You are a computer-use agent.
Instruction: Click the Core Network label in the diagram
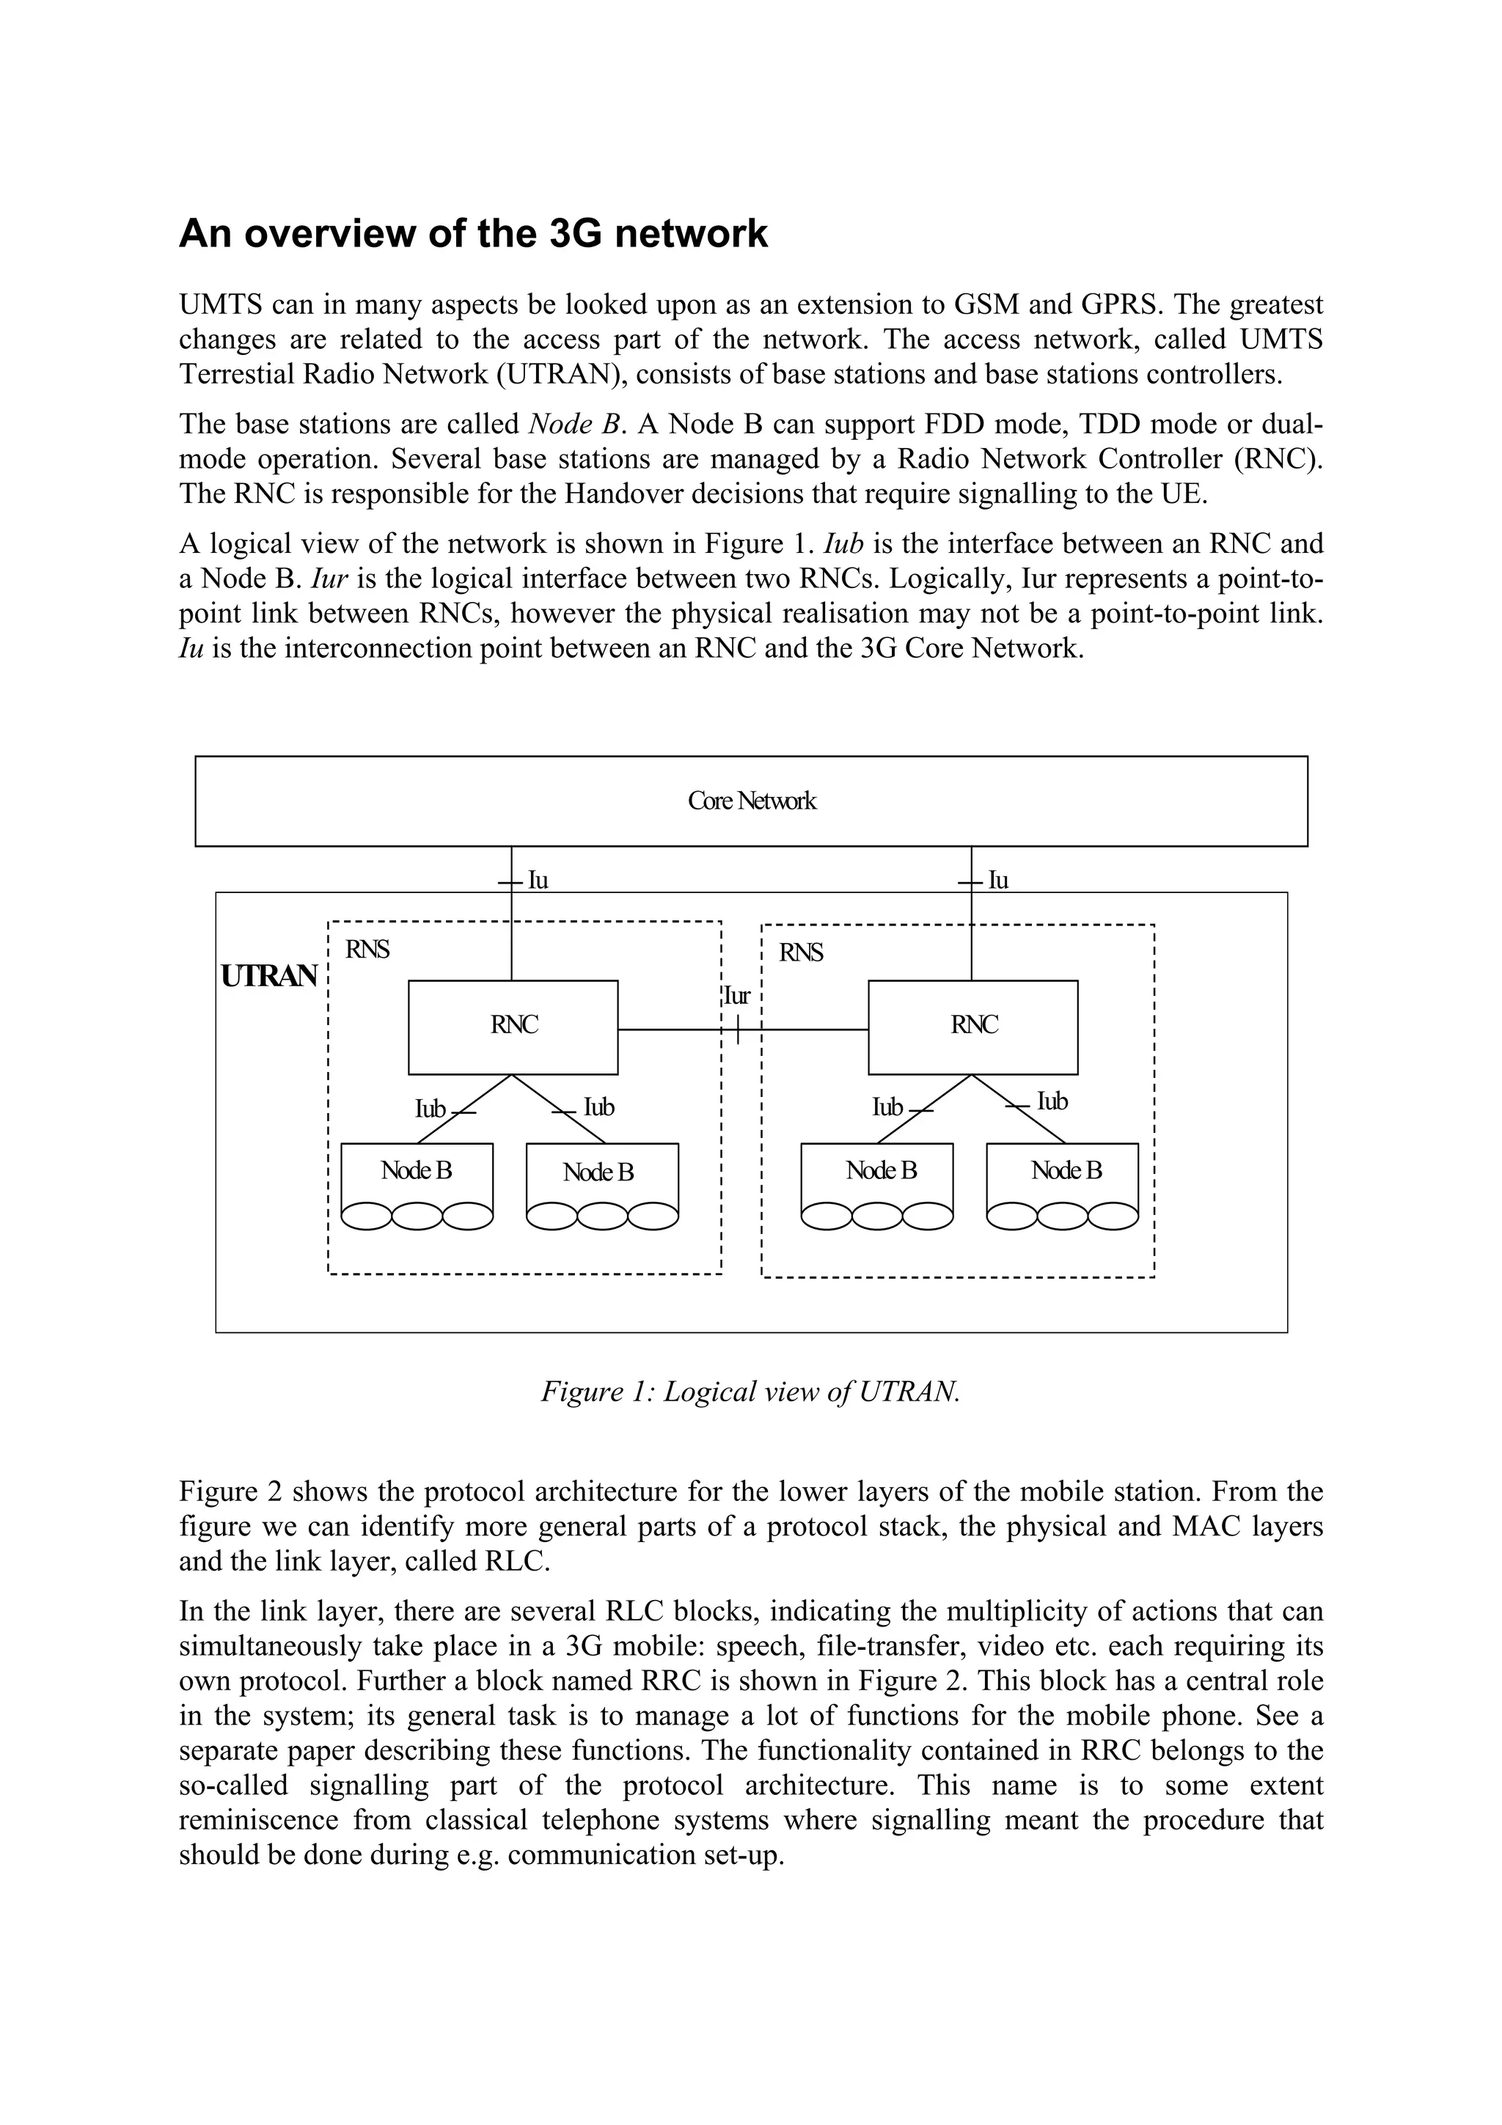(752, 801)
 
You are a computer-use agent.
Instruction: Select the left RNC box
(513, 1027)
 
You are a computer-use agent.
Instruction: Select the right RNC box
(972, 1027)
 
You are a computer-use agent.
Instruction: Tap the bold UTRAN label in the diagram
(269, 977)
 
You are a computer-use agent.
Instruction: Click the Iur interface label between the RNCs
(736, 997)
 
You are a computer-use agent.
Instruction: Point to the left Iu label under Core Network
(538, 880)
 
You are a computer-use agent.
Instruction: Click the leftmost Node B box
(417, 1172)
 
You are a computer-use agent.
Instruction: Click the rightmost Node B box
(1066, 1172)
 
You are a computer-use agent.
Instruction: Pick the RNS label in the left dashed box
(367, 950)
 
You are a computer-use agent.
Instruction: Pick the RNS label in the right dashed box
(801, 953)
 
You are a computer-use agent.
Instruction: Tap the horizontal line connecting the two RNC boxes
(675, 1030)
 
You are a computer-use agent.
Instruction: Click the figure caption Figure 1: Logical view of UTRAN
(750, 1391)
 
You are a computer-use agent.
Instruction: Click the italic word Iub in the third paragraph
(842, 543)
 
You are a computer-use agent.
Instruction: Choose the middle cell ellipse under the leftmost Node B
(417, 1215)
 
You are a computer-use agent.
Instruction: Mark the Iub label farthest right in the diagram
(1052, 1101)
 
